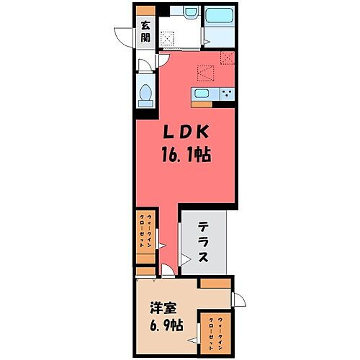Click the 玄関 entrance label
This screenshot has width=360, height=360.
tap(145, 33)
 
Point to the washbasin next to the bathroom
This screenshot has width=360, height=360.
tap(191, 12)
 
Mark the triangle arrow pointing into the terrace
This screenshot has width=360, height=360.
tap(186, 259)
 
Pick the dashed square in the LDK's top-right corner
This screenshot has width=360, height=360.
tap(228, 58)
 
